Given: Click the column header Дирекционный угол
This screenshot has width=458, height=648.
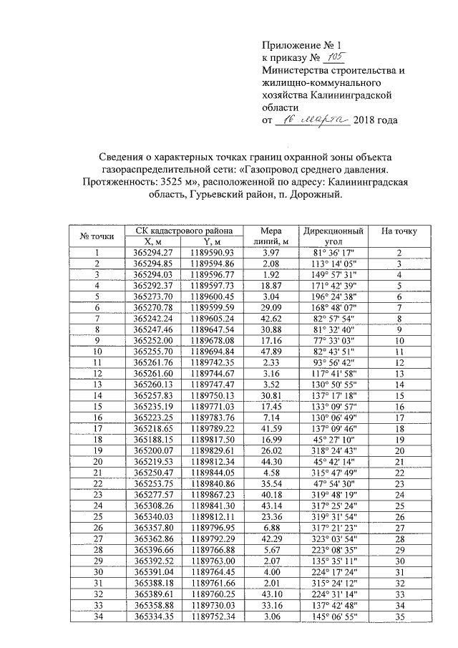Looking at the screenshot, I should (333, 236).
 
